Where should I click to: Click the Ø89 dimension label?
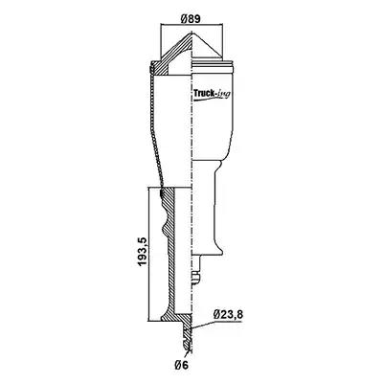click(191, 18)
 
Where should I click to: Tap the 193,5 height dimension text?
click(142, 251)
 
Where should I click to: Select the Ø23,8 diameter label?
click(228, 315)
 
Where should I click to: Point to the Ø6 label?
click(182, 365)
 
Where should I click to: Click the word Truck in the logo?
click(203, 94)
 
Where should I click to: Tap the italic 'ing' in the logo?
click(222, 95)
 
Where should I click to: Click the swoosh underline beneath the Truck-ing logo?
click(211, 100)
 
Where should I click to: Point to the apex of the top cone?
click(191, 33)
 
